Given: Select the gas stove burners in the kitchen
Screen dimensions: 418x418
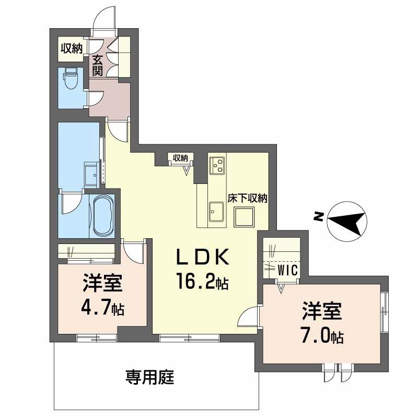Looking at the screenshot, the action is click(x=217, y=165).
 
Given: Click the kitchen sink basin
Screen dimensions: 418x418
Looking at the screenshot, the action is click(x=216, y=212).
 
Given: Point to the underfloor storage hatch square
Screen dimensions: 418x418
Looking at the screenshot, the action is click(x=243, y=217).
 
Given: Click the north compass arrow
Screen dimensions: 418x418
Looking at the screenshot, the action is click(x=346, y=221).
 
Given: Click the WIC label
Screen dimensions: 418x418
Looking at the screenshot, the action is click(x=288, y=270).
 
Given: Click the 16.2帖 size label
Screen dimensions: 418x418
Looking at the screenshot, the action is click(x=202, y=282).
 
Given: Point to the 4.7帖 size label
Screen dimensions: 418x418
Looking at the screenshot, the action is click(x=102, y=308).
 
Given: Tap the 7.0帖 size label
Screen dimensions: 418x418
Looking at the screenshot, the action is click(x=322, y=335).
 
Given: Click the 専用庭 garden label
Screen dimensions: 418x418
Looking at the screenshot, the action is click(x=150, y=377).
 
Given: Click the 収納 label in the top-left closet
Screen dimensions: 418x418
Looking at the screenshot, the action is click(x=72, y=49).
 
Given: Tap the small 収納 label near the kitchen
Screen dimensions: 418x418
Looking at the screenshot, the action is click(x=180, y=158).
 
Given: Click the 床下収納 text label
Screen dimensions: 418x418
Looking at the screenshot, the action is click(x=247, y=198).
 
